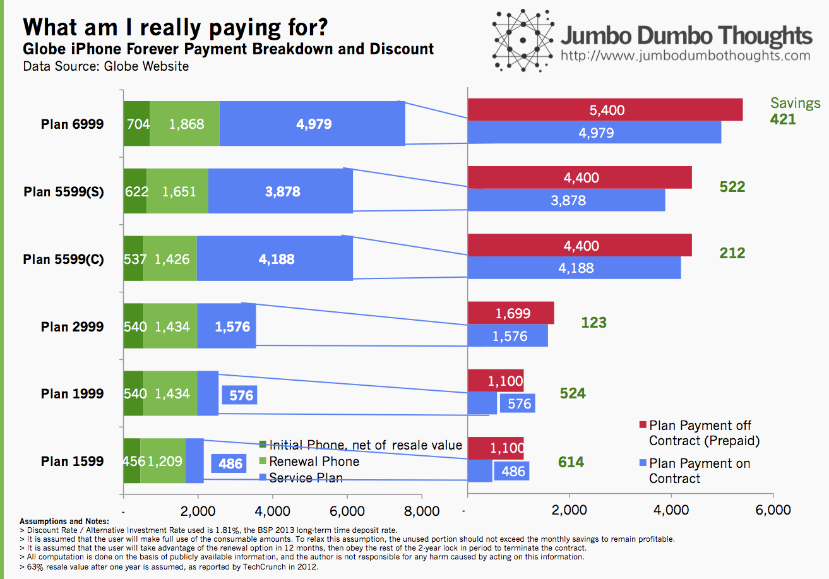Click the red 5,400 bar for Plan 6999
(x=605, y=110)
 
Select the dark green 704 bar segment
(x=136, y=123)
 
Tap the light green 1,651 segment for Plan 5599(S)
(x=177, y=191)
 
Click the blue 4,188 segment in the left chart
(x=275, y=258)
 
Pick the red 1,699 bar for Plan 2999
(x=511, y=313)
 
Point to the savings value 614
(x=571, y=462)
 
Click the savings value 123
(x=593, y=323)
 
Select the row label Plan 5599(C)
(x=63, y=259)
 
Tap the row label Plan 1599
(x=72, y=462)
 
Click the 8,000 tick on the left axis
(x=422, y=511)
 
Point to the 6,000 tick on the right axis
(x=773, y=510)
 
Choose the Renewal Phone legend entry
(x=309, y=462)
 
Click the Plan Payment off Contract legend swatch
(x=643, y=425)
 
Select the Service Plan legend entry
(x=301, y=477)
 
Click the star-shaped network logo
(x=523, y=40)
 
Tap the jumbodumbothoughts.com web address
(x=686, y=56)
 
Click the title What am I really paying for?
(x=176, y=27)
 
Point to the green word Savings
(x=796, y=103)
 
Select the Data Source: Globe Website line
(x=106, y=66)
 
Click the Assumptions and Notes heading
(x=64, y=522)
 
